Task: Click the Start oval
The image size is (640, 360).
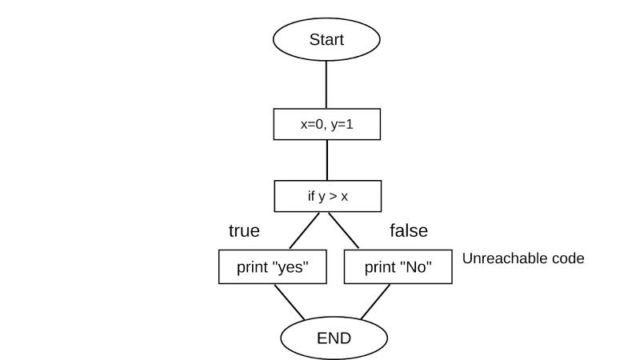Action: coord(326,39)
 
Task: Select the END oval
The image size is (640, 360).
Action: coord(334,337)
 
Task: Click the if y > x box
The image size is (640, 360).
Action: coord(327,195)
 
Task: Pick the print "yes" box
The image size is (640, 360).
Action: coord(273,268)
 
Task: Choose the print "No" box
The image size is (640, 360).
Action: coord(398,268)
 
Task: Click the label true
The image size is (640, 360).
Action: coord(244,231)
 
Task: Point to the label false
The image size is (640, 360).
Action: coord(408,231)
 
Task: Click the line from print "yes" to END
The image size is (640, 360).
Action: coord(290,302)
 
